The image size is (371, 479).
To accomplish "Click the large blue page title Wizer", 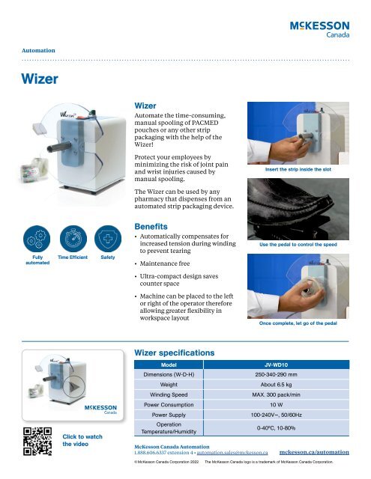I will click(37, 79).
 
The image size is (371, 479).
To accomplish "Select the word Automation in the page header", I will click(38, 50).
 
